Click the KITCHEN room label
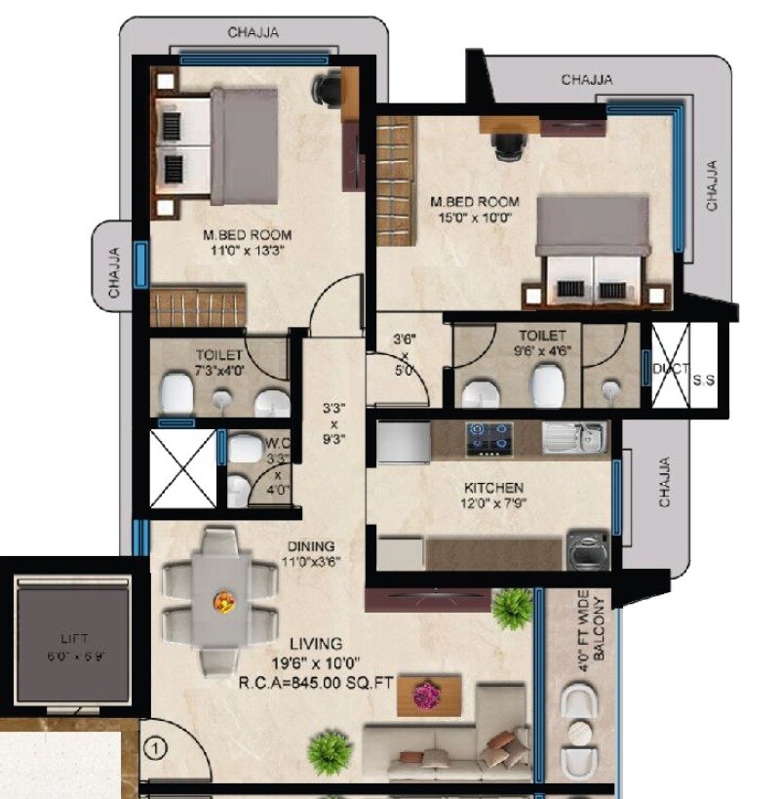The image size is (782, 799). point(493,487)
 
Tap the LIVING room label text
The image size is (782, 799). point(316,644)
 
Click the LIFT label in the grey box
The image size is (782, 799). point(73,639)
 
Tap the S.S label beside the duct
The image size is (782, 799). point(703,380)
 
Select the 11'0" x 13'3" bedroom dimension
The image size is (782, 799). point(247,250)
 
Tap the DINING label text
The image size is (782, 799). point(311,545)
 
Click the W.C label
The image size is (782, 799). point(278,442)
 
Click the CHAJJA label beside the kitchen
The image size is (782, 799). point(665,482)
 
